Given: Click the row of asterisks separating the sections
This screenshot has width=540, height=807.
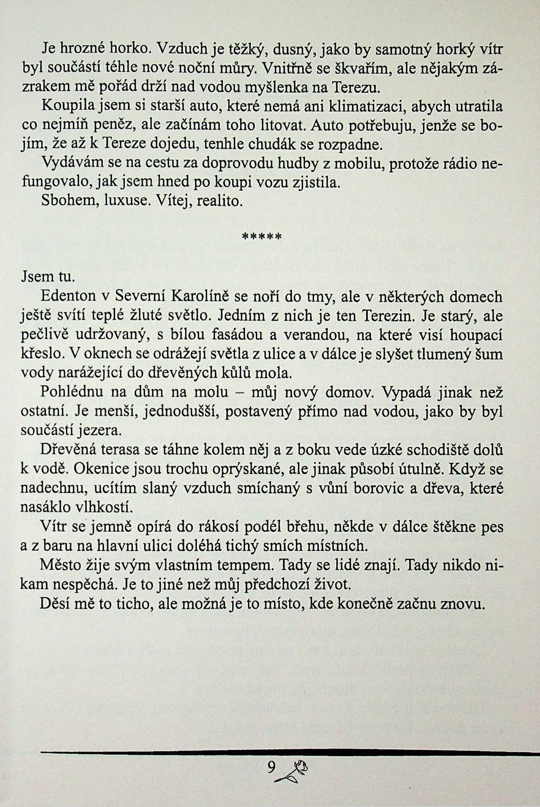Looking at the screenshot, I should (261, 237).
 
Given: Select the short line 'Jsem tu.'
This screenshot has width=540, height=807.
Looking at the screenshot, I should (47, 276).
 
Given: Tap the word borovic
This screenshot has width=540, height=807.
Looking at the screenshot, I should (378, 488).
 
